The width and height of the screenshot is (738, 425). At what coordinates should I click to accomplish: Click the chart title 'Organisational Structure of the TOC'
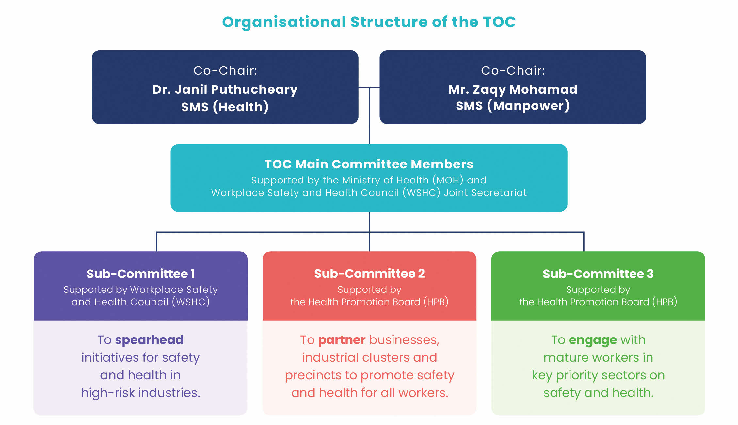369,22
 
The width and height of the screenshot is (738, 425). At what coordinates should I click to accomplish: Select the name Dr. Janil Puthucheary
225,89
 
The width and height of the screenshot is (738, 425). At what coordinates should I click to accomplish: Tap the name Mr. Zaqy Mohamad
513,89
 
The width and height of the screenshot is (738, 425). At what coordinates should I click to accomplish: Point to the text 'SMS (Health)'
225,107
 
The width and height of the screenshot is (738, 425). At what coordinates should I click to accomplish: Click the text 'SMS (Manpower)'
513,106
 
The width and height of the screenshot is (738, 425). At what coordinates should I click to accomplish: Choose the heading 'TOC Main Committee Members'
369,164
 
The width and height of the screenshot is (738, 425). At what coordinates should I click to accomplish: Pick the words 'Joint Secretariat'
485,193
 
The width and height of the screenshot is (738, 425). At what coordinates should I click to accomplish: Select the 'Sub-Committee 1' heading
140,274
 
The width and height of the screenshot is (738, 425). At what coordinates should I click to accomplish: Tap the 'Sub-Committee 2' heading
369,274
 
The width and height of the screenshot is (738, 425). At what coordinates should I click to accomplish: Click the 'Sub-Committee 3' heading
598,274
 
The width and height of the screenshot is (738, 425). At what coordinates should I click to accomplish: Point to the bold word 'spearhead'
149,340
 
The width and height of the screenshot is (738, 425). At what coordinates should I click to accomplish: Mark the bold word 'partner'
342,340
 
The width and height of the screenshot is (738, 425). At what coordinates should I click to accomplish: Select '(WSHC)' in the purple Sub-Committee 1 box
191,302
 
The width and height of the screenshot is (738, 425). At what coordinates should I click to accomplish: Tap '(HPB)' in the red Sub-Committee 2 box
436,302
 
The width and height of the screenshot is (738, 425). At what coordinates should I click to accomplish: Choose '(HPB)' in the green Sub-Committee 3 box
665,302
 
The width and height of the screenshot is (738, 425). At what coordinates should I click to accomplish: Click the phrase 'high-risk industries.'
140,393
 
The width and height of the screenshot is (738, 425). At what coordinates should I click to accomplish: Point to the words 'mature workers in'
598,358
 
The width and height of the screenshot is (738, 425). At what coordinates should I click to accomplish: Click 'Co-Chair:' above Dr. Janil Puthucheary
225,71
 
